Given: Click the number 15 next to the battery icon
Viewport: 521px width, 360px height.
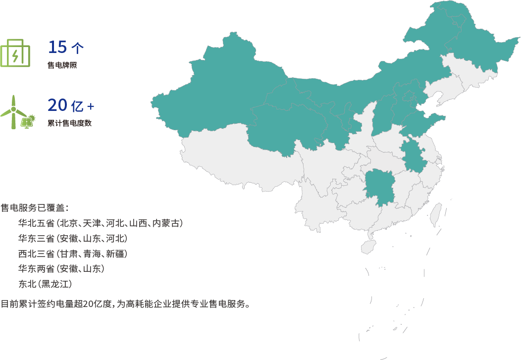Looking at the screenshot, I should pos(57,47).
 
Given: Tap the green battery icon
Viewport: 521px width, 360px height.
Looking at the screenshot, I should pos(15,52).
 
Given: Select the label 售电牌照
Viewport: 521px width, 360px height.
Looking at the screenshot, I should pos(62,66).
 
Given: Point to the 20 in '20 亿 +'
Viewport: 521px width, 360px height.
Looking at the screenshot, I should pos(57,105).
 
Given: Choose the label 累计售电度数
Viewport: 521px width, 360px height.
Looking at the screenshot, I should pos(69,123).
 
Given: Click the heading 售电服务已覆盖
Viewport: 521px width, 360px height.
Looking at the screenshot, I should pos(34,207).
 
